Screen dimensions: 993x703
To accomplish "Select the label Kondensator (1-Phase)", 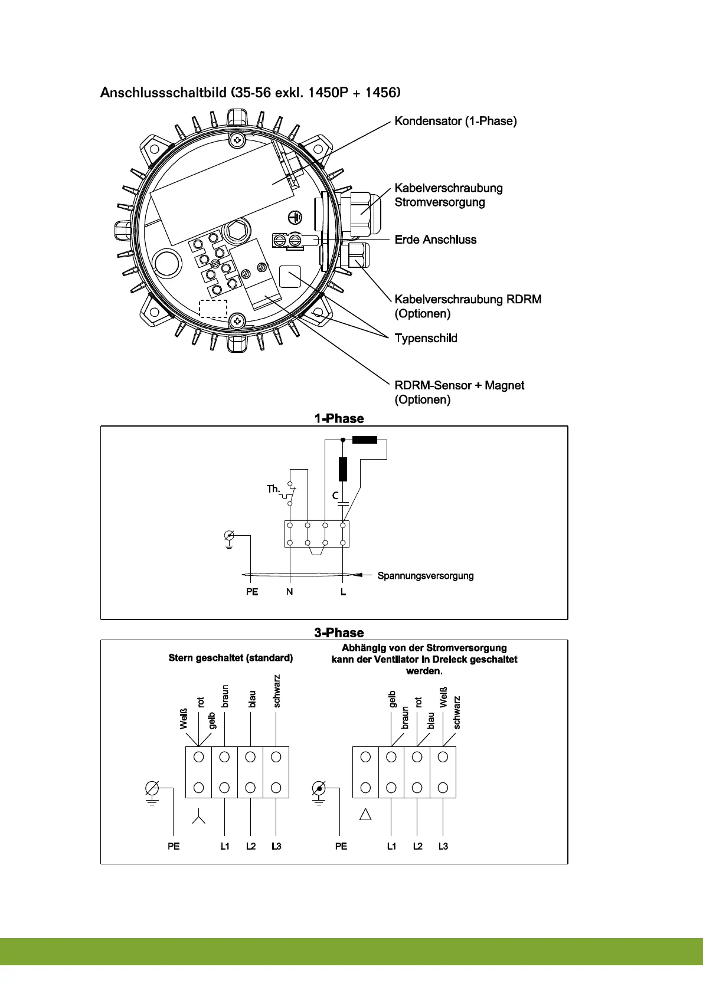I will coord(456,121).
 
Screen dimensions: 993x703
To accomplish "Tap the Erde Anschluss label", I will coord(436,240).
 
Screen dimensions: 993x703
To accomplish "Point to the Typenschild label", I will coord(426,338).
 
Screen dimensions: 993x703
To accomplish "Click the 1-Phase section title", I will coord(339,418).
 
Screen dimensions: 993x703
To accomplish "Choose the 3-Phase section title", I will coord(339,632).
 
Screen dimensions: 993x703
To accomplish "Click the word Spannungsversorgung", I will coord(426,575).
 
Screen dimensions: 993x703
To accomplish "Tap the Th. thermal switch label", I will coord(273,489).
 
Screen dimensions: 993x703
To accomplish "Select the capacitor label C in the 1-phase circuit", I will coord(335,496).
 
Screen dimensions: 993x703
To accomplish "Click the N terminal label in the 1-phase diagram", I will coord(289,591).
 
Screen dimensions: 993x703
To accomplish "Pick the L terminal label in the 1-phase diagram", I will coord(343,591).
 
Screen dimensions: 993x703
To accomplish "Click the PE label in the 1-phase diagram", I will coord(252,591).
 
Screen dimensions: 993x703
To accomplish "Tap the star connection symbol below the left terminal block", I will coord(199,818).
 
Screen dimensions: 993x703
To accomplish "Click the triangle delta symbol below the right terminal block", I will coord(365,815).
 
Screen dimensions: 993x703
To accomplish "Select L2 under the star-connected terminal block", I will coord(251,846).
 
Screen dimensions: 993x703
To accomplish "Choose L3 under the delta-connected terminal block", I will coord(443,846).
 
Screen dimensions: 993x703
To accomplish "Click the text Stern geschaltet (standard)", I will coord(231,657).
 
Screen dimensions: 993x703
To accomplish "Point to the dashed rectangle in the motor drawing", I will coord(213,309).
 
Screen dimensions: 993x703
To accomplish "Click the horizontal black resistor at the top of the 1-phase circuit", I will coord(364,440).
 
